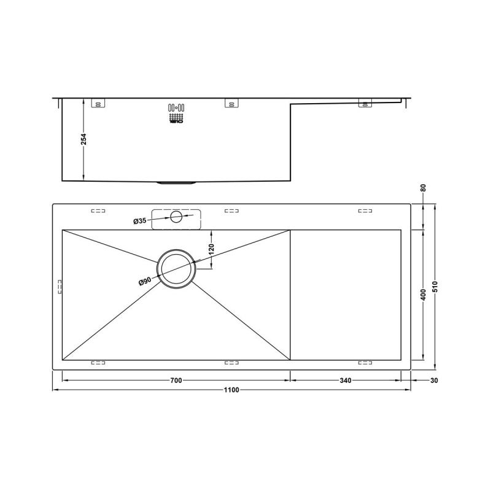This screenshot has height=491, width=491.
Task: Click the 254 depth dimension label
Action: click(84, 140)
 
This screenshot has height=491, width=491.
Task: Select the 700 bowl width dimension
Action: click(176, 381)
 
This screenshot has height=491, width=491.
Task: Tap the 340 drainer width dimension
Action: click(345, 381)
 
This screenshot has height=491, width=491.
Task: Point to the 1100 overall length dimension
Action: click(231, 390)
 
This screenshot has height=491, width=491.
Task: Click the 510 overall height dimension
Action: click(435, 288)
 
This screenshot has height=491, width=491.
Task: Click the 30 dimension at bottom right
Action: click(435, 381)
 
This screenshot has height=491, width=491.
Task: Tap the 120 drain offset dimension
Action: click(212, 249)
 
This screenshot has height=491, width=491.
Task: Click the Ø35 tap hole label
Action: click(139, 221)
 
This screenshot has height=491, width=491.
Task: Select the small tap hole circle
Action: click(177, 216)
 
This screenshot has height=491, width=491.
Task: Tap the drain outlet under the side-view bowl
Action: click(177, 182)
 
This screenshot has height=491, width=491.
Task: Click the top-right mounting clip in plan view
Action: click(365, 211)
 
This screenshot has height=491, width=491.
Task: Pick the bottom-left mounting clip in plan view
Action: click(98, 363)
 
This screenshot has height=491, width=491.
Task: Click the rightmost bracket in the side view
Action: click(365, 104)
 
